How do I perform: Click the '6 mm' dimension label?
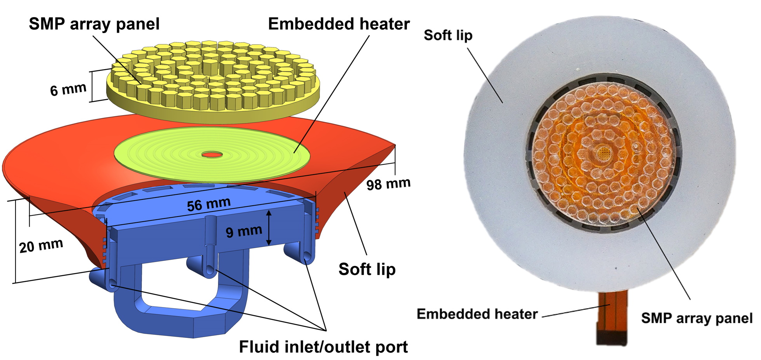(68, 89)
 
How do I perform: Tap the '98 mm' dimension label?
(388, 184)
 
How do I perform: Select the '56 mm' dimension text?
(209, 204)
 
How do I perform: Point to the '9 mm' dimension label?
(244, 231)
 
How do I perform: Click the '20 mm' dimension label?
(41, 246)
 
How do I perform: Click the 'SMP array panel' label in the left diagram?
(94, 24)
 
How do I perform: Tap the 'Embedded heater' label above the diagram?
(339, 24)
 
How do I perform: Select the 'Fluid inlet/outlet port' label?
(323, 347)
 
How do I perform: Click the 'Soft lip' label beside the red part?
(367, 269)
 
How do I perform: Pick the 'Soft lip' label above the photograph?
(448, 35)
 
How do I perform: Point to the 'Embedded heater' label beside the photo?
(477, 314)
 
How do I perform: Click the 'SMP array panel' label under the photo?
(697, 318)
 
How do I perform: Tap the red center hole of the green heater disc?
(212, 155)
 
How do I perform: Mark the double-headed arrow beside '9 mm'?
(268, 228)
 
